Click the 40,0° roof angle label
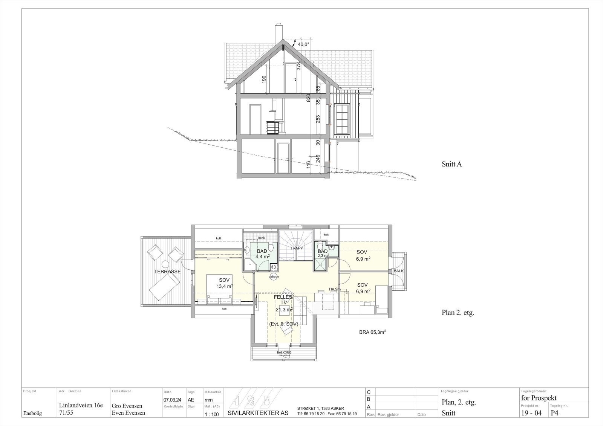click(x=303, y=44)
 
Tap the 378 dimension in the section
click(x=298, y=66)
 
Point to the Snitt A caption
click(x=451, y=164)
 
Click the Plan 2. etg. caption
click(x=458, y=313)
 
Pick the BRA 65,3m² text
click(x=372, y=333)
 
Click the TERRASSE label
click(x=167, y=271)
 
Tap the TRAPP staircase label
click(x=297, y=248)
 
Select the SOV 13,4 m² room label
click(x=224, y=283)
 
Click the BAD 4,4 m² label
click(x=262, y=253)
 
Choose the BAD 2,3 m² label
click(x=323, y=253)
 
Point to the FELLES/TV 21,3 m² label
click(x=283, y=303)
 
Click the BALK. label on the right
click(x=398, y=271)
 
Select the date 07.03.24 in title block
click(x=171, y=400)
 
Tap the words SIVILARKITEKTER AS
click(x=258, y=413)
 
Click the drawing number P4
click(x=555, y=413)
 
